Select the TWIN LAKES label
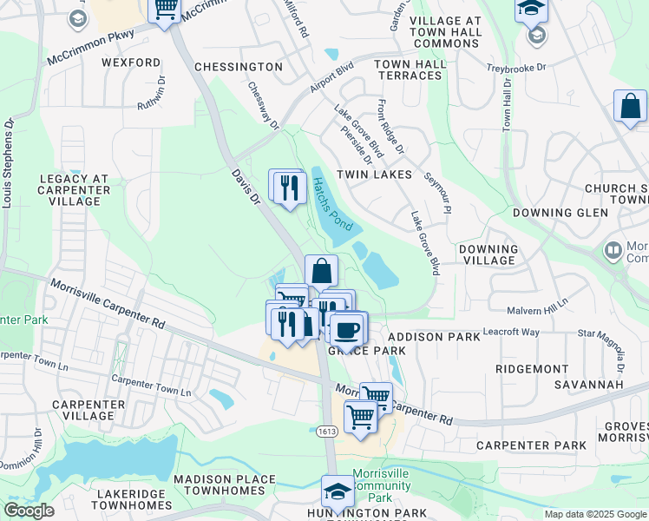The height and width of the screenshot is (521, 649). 379,175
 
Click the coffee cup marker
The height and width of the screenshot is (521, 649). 348,330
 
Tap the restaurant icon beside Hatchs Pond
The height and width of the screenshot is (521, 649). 289,187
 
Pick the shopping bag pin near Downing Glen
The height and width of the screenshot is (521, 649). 631,108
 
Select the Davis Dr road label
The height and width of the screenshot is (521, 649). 246,186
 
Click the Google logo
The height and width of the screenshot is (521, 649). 29,511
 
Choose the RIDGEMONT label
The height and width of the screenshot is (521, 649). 532,369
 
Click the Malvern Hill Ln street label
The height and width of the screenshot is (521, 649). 538,301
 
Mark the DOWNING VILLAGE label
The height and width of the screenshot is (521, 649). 488,254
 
